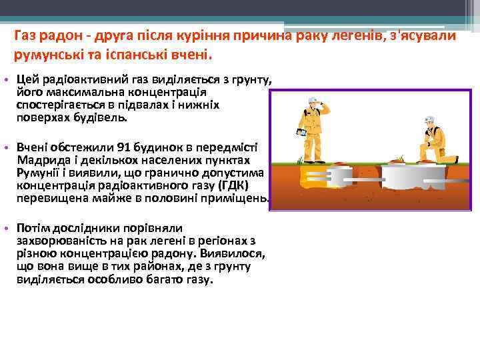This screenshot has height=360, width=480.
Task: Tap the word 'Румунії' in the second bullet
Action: point(39,173)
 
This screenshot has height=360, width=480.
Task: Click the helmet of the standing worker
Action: point(313,101)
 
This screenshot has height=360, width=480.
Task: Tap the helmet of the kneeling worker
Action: point(430,121)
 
